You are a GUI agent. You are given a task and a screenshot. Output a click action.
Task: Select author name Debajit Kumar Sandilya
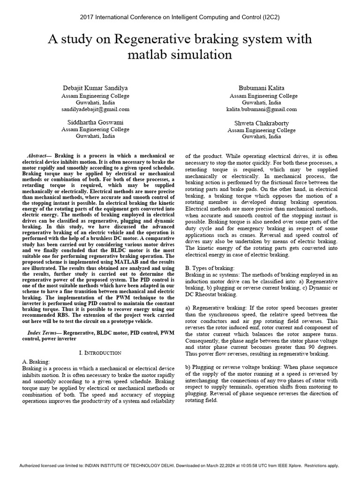(95, 88)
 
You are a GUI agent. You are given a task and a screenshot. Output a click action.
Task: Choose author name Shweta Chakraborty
(262, 123)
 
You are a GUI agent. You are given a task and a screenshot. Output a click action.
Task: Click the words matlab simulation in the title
(180, 55)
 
